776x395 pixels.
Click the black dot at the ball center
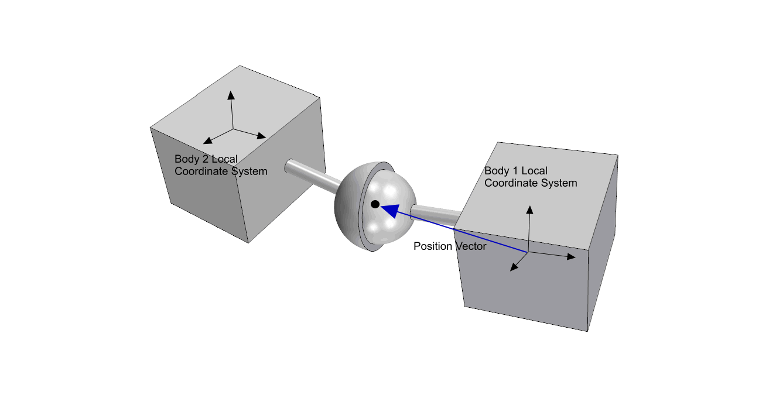[375, 204]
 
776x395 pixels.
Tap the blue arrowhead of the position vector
[388, 209]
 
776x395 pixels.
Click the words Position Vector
[450, 246]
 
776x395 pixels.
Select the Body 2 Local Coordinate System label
[221, 165]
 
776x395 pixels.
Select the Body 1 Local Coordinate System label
[531, 177]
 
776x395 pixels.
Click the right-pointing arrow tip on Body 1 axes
[573, 256]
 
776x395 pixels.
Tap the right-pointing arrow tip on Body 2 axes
[263, 137]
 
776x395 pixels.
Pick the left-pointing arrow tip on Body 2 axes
[206, 142]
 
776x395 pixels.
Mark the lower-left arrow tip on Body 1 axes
[514, 269]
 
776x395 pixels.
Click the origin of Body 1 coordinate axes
[528, 252]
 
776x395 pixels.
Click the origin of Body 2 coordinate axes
[234, 128]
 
